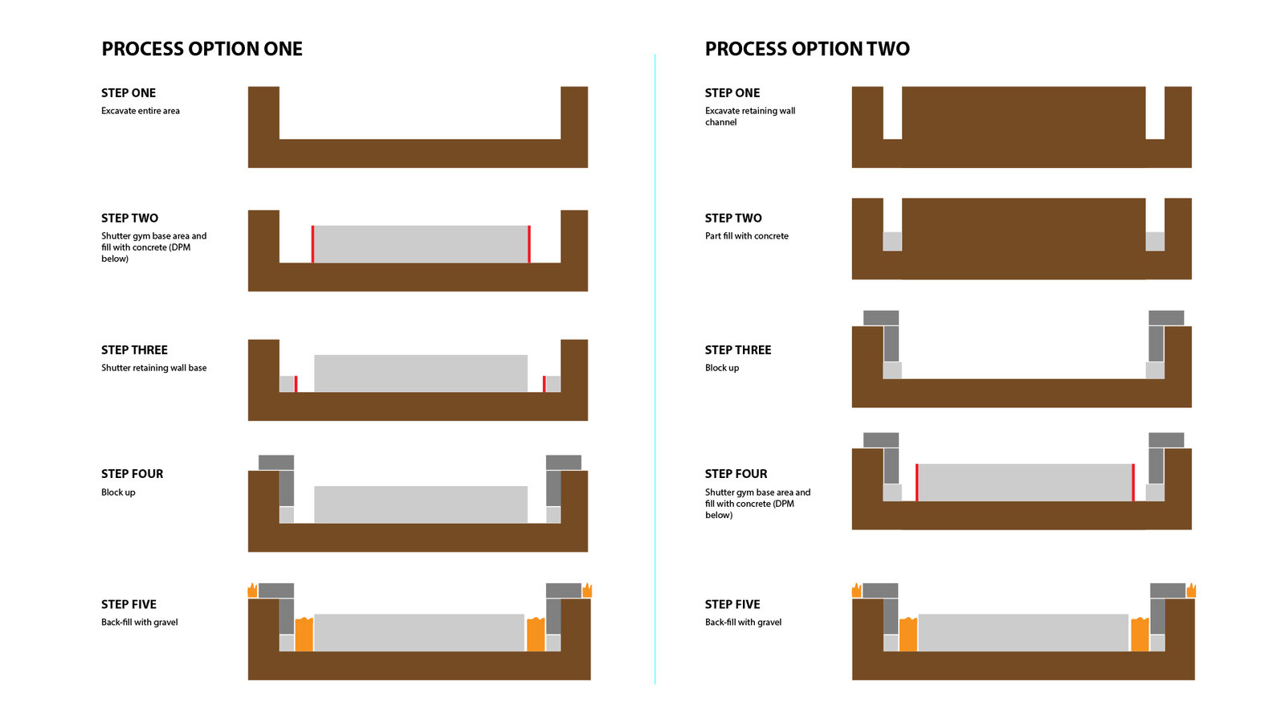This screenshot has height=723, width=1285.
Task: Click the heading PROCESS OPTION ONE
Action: pos(202,49)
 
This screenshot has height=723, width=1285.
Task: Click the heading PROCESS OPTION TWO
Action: pos(807,49)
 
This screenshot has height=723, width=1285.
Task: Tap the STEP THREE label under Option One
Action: pos(134,350)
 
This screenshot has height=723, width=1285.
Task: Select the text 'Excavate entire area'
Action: pos(141,111)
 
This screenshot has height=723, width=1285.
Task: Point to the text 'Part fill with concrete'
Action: pos(747,236)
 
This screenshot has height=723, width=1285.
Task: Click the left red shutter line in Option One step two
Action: pos(312,244)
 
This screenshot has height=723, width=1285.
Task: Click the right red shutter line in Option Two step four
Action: pos(1133,483)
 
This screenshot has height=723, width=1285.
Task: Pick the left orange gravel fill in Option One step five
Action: pos(304,634)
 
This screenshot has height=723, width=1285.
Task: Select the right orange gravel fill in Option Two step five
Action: pos(1140,634)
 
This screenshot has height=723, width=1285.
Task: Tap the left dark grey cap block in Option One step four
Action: pos(276,463)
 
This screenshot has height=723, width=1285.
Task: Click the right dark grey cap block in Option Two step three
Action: pos(1166,318)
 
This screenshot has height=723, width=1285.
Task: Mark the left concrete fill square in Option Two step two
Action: pos(892,242)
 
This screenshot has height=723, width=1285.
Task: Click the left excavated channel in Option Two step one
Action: pos(892,113)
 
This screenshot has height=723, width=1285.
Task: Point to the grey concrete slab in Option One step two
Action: pos(421,244)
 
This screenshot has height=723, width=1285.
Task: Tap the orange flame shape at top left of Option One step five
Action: pos(252,590)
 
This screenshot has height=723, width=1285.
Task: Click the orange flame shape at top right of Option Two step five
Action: pos(1192,590)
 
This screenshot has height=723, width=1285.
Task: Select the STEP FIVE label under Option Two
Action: pos(732,604)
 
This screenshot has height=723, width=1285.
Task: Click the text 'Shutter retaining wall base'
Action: pos(153,368)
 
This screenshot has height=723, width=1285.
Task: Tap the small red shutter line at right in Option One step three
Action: pos(544,384)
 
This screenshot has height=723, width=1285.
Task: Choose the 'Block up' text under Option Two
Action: pos(722,368)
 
